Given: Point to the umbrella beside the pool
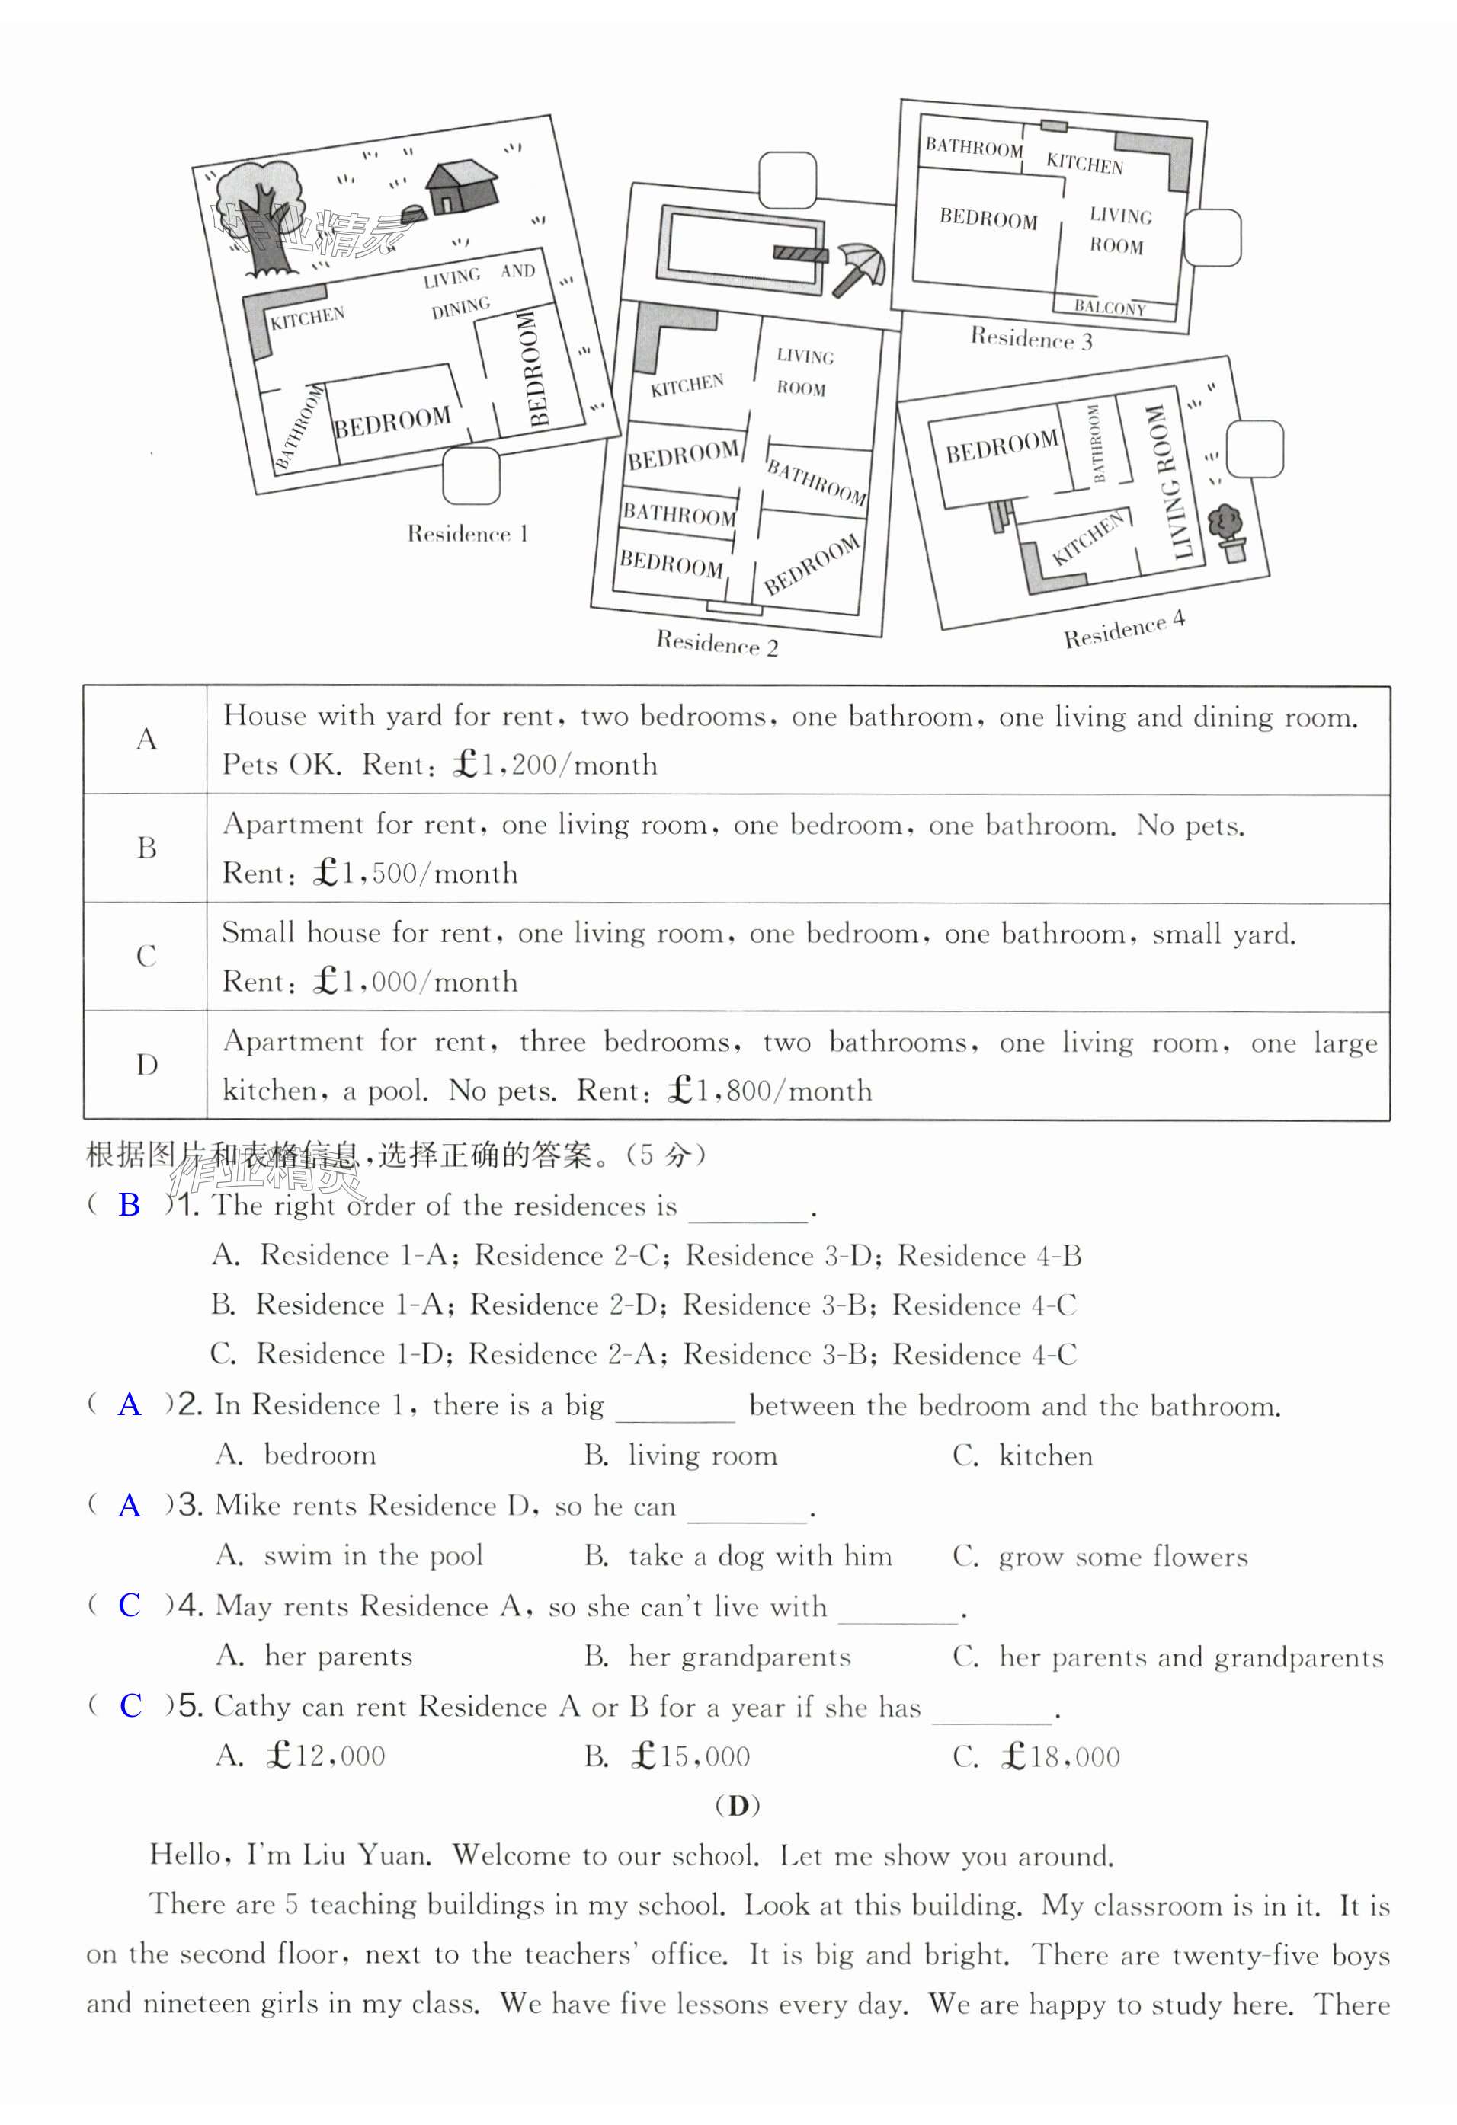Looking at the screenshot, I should (859, 269).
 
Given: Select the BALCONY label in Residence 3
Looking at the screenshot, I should (1110, 307).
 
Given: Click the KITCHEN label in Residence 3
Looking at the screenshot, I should (1084, 164).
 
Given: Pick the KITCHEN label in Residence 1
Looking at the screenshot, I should (307, 318).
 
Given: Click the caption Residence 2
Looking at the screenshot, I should (717, 644).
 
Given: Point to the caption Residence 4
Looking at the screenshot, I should (1124, 630).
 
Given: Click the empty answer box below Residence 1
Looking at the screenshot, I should (471, 475).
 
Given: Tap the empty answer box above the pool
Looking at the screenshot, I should (787, 181).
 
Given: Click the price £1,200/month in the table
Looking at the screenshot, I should (554, 765).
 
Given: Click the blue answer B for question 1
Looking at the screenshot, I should (130, 1205).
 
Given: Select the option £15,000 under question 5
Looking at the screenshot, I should (690, 1756).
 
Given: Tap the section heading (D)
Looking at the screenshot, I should (737, 1805).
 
